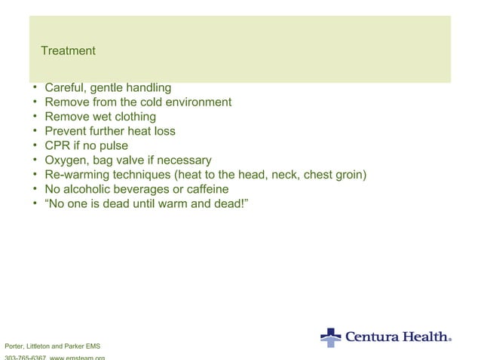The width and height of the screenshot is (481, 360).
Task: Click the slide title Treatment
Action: click(x=68, y=51)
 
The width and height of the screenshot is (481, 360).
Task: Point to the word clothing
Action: click(x=133, y=117)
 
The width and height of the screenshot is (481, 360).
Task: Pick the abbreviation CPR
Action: click(x=59, y=145)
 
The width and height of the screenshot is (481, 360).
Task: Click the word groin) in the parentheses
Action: click(x=348, y=175)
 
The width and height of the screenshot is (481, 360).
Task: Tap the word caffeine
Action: click(x=204, y=189)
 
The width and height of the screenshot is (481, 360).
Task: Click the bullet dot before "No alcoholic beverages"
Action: click(x=35, y=189)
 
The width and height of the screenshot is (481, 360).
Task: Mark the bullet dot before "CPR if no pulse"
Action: click(x=35, y=145)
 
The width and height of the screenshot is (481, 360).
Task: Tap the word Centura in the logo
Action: click(x=372, y=337)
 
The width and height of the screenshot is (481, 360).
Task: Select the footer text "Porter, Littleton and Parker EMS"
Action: click(x=52, y=346)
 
